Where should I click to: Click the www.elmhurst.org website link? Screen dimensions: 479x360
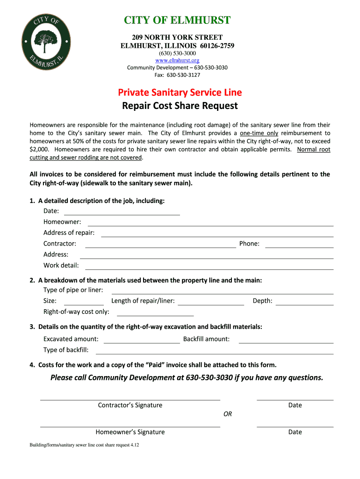[177, 60]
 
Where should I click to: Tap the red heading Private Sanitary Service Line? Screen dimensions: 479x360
[180, 93]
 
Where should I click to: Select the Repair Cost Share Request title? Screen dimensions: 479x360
[180, 106]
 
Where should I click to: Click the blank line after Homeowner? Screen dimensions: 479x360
[210, 222]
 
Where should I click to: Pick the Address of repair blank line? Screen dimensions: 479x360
[217, 233]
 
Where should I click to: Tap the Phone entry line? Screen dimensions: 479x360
[299, 244]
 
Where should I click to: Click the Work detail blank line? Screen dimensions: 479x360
[209, 266]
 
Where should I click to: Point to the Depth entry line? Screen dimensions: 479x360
[305, 302]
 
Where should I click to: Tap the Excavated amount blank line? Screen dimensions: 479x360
[142, 340]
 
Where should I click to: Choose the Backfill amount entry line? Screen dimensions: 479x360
[286, 340]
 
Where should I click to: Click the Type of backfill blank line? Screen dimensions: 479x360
[215, 351]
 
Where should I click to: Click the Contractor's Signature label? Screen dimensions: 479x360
[130, 405]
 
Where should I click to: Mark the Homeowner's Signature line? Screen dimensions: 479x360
[130, 426]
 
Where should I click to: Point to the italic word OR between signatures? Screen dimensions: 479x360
[228, 414]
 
